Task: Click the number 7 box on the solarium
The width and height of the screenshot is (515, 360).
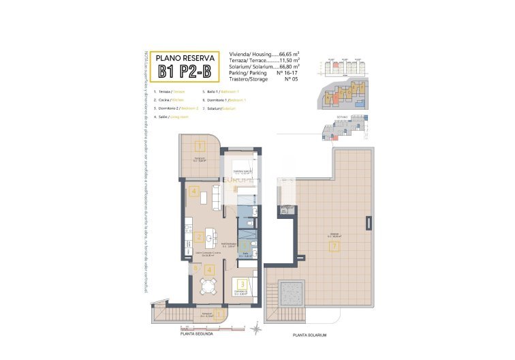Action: (334, 247)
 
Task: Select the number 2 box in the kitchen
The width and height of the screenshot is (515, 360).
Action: (198, 237)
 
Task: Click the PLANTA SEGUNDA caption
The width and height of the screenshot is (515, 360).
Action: (196, 333)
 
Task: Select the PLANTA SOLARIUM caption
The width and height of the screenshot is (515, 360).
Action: (311, 335)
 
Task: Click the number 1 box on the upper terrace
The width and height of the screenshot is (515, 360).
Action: (200, 145)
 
